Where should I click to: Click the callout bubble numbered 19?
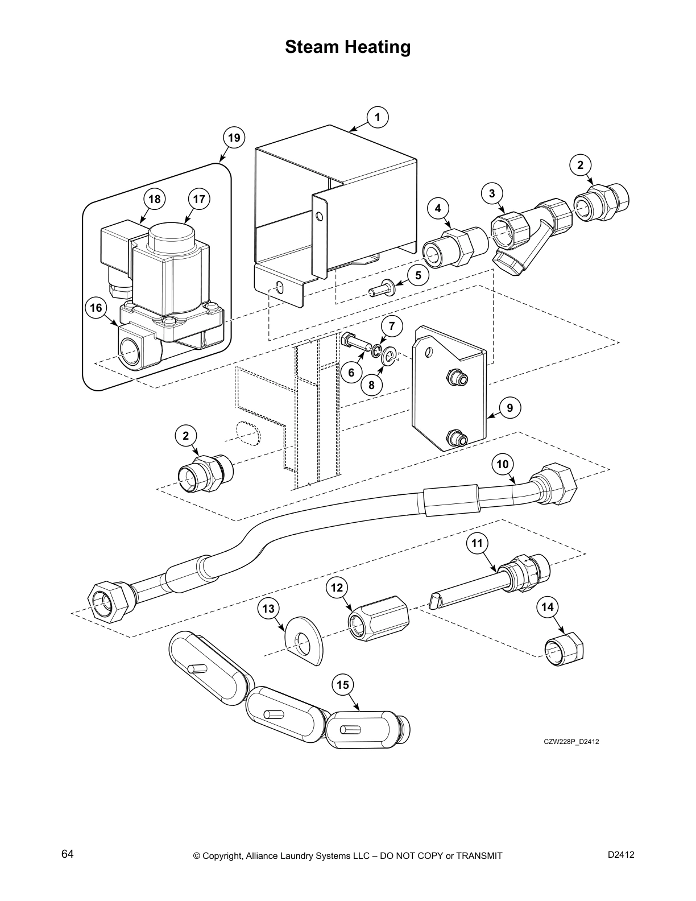click(x=234, y=138)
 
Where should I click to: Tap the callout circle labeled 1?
click(x=377, y=117)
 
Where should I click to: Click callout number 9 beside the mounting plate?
click(x=509, y=407)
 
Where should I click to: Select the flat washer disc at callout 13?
click(x=304, y=640)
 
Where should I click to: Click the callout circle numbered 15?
click(x=343, y=685)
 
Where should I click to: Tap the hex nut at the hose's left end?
click(x=108, y=602)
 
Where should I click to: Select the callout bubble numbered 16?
click(x=96, y=308)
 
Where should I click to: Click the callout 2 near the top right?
click(x=580, y=165)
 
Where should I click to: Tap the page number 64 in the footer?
click(x=67, y=854)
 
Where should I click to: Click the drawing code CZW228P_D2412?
click(x=571, y=741)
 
